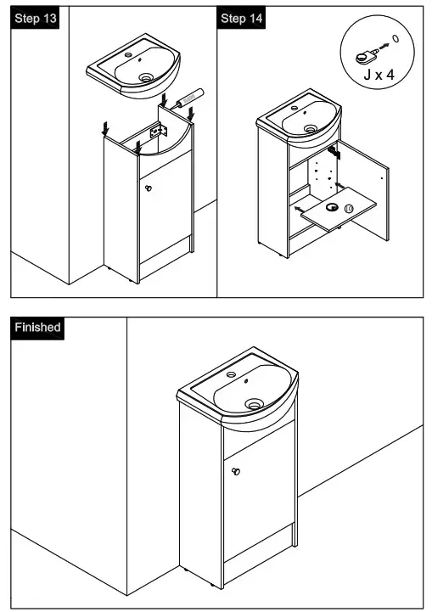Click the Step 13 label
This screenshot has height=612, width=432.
(35, 19)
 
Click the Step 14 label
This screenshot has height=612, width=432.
(242, 19)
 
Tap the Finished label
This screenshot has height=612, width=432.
(37, 327)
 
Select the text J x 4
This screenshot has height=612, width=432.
(379, 75)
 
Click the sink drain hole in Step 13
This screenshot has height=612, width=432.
(147, 78)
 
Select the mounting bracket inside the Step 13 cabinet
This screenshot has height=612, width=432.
(157, 132)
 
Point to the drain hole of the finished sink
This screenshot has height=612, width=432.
(254, 404)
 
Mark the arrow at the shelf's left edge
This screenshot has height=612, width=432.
(298, 207)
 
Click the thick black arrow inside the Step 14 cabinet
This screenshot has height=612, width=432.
(334, 152)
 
